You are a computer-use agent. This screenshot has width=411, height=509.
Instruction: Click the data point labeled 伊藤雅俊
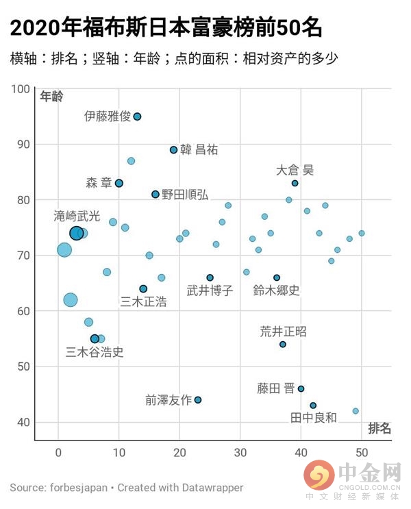tap(137, 116)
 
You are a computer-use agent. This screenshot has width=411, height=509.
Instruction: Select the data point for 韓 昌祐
tap(173, 150)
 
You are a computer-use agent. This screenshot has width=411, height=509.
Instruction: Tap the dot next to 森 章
tap(119, 183)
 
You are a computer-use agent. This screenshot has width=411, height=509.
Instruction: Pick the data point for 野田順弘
tap(155, 194)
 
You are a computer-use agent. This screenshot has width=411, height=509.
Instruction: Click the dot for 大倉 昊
tap(295, 183)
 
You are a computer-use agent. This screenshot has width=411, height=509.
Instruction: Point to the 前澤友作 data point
tap(198, 400)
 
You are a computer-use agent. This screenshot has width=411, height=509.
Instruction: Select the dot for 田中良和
tap(313, 406)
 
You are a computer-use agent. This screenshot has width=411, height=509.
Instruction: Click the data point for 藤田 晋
tap(301, 388)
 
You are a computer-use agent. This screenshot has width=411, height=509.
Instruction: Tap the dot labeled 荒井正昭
tap(283, 345)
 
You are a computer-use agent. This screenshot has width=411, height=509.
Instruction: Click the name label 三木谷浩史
tap(95, 353)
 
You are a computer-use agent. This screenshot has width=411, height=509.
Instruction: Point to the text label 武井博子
tap(210, 290)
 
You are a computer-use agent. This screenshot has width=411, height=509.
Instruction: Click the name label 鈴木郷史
tap(276, 290)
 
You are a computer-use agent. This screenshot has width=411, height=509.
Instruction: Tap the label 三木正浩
tap(143, 301)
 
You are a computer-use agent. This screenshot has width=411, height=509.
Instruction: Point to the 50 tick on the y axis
tap(24, 367)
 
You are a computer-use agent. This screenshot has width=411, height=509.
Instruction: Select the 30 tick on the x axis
tap(240, 451)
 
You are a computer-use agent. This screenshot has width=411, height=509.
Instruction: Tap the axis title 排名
tap(379, 429)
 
